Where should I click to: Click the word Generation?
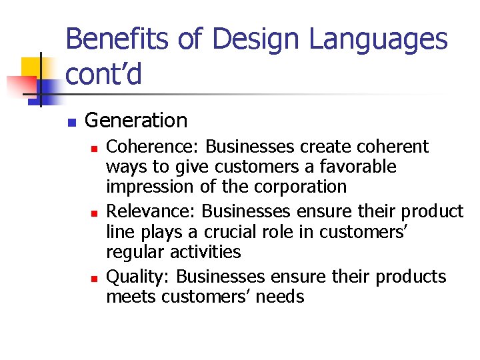click(x=136, y=121)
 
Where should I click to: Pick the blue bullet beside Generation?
click(x=71, y=122)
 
